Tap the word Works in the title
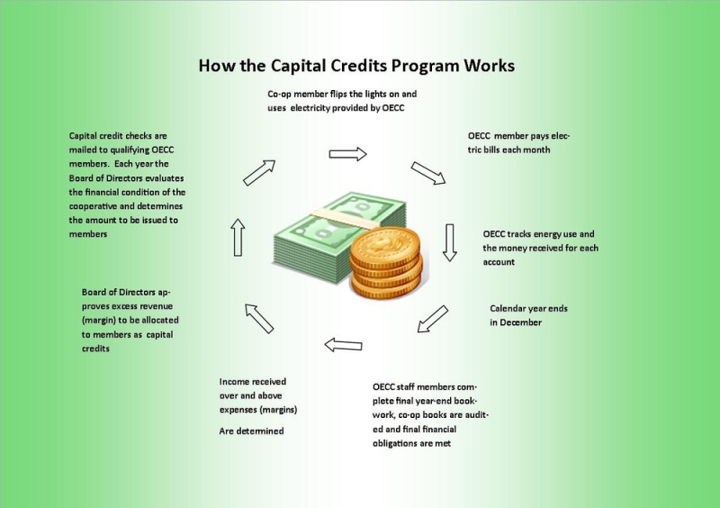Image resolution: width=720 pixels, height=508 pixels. (x=489, y=65)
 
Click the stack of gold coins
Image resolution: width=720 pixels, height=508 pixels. (x=386, y=263)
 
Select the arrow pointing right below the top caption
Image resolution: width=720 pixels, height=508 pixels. (x=347, y=154)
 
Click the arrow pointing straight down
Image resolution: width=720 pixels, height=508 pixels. (x=449, y=242)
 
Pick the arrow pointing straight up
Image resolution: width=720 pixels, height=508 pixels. (x=238, y=237)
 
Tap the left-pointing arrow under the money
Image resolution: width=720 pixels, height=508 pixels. (x=343, y=345)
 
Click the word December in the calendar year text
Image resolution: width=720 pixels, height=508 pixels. (x=521, y=322)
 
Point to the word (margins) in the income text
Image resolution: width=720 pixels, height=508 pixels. (x=277, y=410)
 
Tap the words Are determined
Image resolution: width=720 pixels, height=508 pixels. (x=252, y=431)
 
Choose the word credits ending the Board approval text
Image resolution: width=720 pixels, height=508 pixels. (x=95, y=349)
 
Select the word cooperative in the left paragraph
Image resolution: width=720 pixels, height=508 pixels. (x=94, y=206)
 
